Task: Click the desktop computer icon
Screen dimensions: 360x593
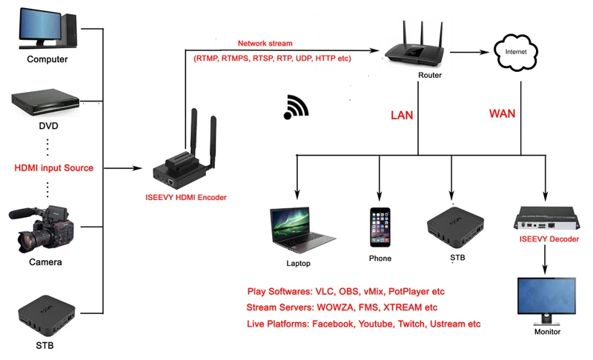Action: coord(47,28)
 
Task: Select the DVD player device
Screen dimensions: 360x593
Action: coord(47,104)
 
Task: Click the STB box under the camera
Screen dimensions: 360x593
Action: coord(47,314)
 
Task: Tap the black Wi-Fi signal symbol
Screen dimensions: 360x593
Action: coord(296,108)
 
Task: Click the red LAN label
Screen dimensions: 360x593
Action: coord(402,116)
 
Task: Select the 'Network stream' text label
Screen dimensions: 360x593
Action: coord(265,44)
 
